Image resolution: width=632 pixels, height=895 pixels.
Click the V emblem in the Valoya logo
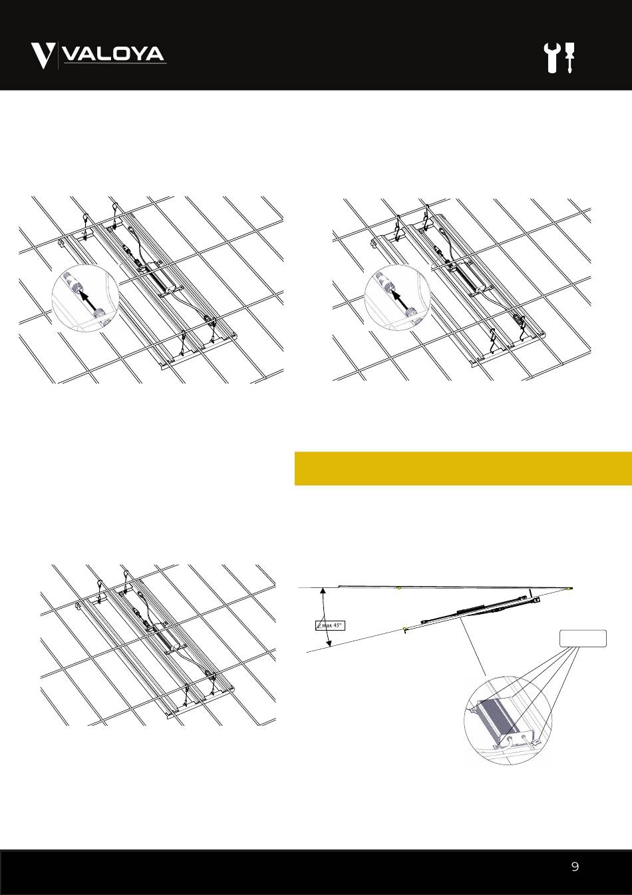(x=43, y=56)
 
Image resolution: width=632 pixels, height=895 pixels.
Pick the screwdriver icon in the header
(x=569, y=58)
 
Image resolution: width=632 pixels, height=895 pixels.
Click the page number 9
(x=575, y=866)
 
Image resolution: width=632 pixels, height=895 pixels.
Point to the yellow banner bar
(x=463, y=468)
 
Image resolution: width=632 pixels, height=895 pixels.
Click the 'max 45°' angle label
(x=330, y=625)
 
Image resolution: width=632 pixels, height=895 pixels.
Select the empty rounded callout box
(x=583, y=638)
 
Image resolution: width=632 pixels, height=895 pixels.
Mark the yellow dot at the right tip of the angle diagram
(x=569, y=589)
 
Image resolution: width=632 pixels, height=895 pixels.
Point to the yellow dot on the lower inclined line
(x=404, y=629)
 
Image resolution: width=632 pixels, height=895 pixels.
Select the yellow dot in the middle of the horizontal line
(x=399, y=588)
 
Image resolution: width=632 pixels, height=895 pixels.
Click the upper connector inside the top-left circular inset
(x=73, y=281)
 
